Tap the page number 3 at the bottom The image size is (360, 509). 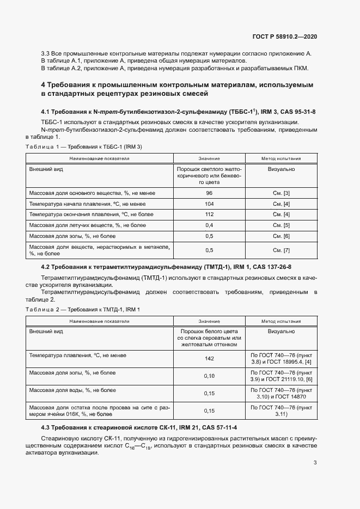tap(315, 463)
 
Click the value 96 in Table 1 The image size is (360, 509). tap(209, 193)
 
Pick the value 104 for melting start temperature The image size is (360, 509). tap(209, 204)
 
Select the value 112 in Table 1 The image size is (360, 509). tap(209, 214)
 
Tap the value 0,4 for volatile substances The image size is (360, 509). tap(209, 225)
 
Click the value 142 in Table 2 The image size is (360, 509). tap(209, 359)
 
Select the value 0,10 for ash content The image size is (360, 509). tap(209, 376)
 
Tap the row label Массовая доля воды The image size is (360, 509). tap(72, 390)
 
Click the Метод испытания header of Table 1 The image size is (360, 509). tap(282, 158)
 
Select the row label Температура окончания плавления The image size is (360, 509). tap(91, 214)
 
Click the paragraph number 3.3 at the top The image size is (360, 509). tap(46, 54)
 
